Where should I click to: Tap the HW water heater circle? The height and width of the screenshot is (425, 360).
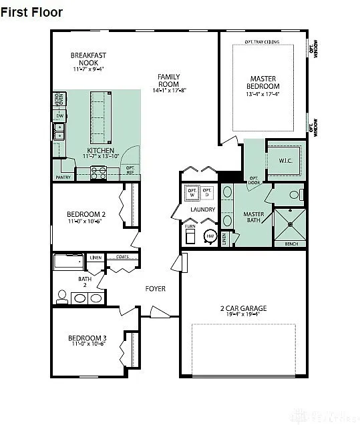[x=210, y=236]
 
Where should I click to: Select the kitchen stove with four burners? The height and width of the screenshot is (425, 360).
[x=99, y=173]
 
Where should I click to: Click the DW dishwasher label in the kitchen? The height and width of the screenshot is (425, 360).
[x=59, y=116]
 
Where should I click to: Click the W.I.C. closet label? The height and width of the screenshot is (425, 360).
[x=285, y=161]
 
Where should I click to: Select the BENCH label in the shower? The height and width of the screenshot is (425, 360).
[x=291, y=244]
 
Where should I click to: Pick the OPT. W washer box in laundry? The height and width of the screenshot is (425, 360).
[x=192, y=193]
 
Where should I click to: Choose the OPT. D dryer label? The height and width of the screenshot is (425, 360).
[x=207, y=193]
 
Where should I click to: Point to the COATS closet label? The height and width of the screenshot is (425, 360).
[x=122, y=256]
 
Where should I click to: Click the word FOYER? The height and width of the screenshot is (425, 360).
[x=156, y=288]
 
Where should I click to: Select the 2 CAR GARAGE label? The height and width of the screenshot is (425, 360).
[x=243, y=308]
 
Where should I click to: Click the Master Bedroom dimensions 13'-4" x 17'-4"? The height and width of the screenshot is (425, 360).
[x=263, y=94]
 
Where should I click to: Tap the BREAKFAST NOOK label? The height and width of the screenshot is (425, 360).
[x=89, y=59]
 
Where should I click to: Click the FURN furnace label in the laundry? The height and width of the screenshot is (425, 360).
[x=190, y=226]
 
